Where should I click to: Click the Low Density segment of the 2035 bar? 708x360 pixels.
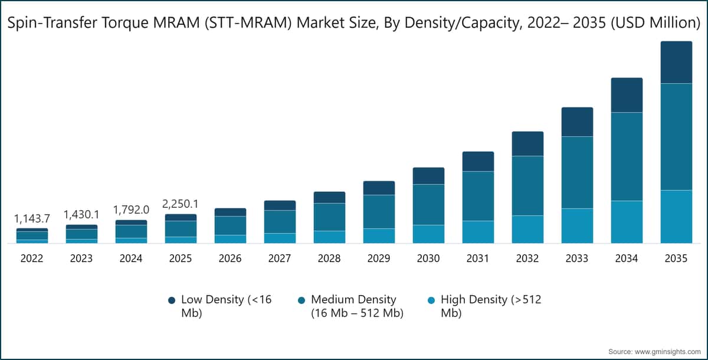[676, 63]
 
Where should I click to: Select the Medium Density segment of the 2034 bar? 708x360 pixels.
[627, 156]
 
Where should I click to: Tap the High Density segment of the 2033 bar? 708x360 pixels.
[577, 225]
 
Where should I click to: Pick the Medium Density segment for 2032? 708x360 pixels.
[527, 185]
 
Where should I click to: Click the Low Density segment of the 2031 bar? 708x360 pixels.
[478, 161]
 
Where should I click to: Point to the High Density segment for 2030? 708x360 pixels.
[428, 234]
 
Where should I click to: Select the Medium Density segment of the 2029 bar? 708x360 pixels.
[379, 211]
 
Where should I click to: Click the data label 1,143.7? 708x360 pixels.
[32, 218]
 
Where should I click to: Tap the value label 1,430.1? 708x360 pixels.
[81, 214]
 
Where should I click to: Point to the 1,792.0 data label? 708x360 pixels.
[131, 210]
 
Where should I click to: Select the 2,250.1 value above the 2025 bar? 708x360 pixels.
[181, 204]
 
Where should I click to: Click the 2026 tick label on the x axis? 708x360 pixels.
[230, 258]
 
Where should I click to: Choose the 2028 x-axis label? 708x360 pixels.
[329, 258]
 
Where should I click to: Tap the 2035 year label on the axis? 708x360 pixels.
[676, 258]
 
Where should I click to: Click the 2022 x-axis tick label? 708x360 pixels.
[32, 258]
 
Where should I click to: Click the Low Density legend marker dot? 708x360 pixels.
[172, 300]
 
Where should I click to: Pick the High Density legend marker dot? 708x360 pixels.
[431, 300]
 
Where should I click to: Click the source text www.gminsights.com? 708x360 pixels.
[666, 351]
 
